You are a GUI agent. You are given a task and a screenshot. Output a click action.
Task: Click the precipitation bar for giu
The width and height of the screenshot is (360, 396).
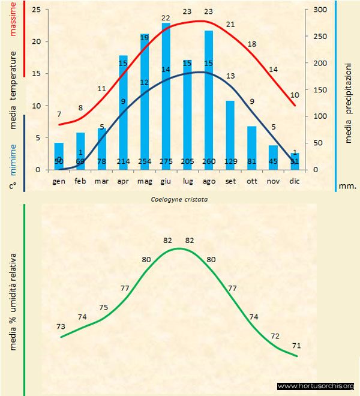pos(166,96)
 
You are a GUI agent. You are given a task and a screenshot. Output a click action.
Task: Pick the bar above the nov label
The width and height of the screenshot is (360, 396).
pos(273,157)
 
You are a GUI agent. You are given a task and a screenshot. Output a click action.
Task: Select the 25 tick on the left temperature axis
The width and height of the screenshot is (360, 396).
pos(37,10)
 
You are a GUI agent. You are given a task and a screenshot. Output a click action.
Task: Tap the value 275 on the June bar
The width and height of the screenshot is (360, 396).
pos(166,161)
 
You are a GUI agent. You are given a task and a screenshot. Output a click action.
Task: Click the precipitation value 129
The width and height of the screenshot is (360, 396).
pos(230,161)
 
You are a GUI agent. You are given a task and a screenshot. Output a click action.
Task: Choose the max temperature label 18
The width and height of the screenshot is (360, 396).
pos(252,44)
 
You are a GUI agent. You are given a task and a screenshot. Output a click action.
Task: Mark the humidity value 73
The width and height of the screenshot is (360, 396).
pos(60,326)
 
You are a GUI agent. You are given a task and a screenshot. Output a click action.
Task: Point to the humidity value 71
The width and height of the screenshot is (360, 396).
pos(296,346)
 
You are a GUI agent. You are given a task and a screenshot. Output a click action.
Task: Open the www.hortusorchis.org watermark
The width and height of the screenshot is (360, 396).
pos(316,386)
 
